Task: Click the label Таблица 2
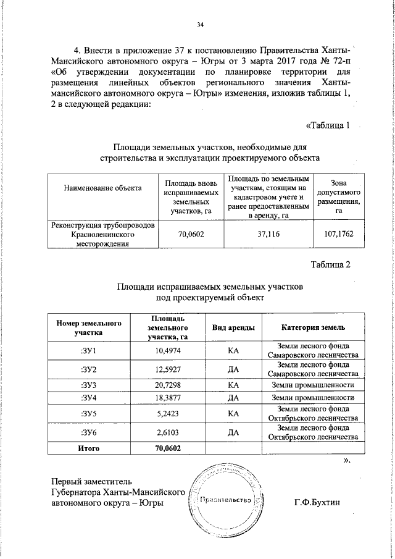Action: [x=330, y=265]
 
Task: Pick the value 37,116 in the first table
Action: [x=268, y=235]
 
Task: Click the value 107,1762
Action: [x=338, y=235]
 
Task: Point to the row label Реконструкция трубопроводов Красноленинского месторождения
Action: [x=103, y=235]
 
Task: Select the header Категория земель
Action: [x=313, y=327]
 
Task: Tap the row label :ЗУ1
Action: [x=89, y=351]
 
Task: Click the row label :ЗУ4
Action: [x=89, y=397]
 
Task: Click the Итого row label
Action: [x=89, y=447]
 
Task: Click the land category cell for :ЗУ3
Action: [x=313, y=385]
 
